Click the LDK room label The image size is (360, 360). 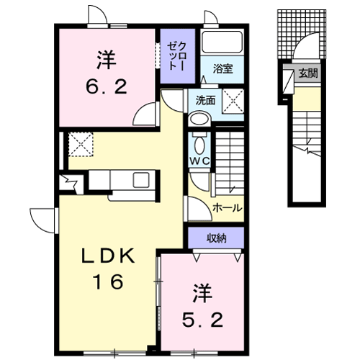pyautogui.click(x=108, y=256)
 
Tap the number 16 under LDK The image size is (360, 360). pyautogui.click(x=108, y=282)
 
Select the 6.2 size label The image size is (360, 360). pyautogui.click(x=107, y=86)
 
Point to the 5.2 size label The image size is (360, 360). pyautogui.click(x=202, y=320)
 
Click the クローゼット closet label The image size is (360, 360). pyautogui.click(x=177, y=56)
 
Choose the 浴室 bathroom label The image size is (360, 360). pyautogui.click(x=222, y=69)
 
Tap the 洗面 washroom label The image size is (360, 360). pyautogui.click(x=205, y=100)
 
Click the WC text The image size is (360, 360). pyautogui.click(x=199, y=161)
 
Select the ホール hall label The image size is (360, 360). pyautogui.click(x=228, y=208)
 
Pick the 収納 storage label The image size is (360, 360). pyautogui.click(x=217, y=238)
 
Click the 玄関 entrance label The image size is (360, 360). pyautogui.click(x=308, y=73)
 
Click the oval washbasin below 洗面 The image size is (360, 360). pyautogui.click(x=199, y=119)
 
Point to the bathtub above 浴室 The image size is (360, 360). pyautogui.click(x=222, y=42)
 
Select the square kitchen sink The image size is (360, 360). pyautogui.click(x=141, y=180)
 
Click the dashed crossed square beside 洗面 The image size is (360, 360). pyautogui.click(x=233, y=101)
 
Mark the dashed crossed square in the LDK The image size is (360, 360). pyautogui.click(x=81, y=144)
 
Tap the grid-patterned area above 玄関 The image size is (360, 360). pyautogui.click(x=302, y=34)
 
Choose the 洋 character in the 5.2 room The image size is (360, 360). pyautogui.click(x=203, y=293)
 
